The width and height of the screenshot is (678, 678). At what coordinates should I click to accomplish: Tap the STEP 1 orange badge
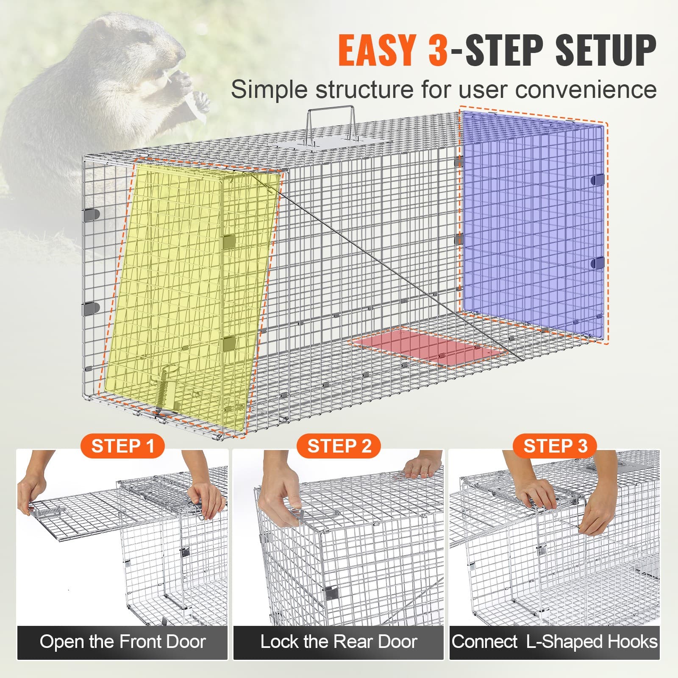(x=122, y=446)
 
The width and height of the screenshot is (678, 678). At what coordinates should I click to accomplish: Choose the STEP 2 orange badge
(x=339, y=446)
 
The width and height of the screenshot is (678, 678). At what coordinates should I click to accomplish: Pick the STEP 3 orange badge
(x=555, y=446)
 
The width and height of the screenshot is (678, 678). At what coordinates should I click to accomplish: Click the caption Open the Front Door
(x=122, y=642)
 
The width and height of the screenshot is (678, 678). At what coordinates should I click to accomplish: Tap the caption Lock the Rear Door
(x=339, y=642)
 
